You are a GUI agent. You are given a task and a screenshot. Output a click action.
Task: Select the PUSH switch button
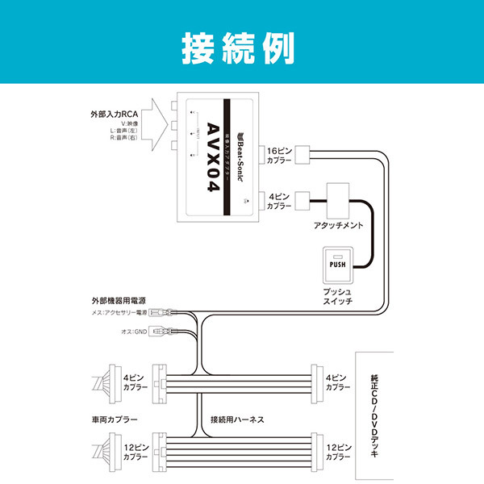(337, 263)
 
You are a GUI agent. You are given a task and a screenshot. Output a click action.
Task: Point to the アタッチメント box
(342, 198)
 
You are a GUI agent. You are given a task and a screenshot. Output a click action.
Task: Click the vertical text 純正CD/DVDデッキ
(378, 416)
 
